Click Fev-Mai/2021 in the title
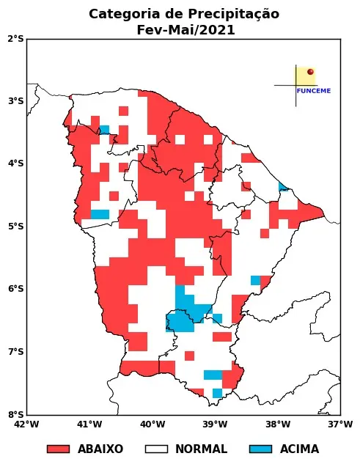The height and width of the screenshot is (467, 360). click(185, 30)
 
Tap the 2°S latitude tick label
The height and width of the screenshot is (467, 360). click(15, 38)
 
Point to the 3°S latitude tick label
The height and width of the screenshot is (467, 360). click(15, 101)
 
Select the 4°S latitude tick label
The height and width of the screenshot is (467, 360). click(15, 163)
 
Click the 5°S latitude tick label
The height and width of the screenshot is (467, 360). click(15, 227)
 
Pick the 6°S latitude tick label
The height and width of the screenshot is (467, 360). click(15, 289)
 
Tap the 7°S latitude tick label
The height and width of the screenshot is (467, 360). click(15, 352)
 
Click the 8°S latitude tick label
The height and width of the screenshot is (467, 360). click(15, 414)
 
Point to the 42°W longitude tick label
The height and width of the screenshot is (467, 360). click(26, 424)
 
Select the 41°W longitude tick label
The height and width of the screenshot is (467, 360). click(89, 424)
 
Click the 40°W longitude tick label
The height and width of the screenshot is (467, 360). click(152, 424)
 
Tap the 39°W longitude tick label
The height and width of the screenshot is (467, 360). click(215, 424)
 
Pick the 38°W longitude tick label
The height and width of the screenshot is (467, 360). click(278, 424)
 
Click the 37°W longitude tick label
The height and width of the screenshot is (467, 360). click(340, 424)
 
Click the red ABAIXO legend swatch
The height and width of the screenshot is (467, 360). click(58, 449)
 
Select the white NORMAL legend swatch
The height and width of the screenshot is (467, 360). click(156, 449)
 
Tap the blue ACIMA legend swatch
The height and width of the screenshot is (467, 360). click(260, 449)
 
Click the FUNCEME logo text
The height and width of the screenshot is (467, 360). click(314, 91)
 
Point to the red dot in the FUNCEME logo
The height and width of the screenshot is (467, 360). click(310, 72)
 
